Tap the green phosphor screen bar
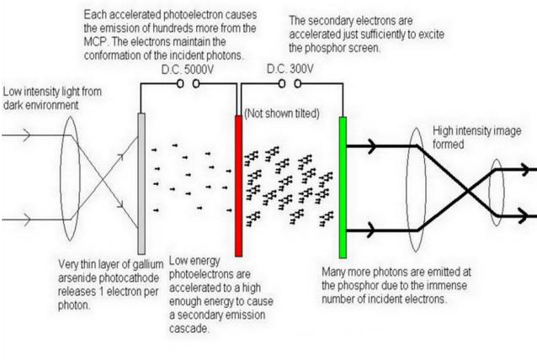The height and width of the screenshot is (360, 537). click(x=343, y=187)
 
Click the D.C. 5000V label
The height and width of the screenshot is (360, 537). click(x=185, y=71)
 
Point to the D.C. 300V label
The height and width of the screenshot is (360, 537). click(x=291, y=71)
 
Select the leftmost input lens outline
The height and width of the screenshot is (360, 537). click(x=69, y=181)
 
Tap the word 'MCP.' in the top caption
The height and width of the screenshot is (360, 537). click(x=99, y=40)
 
